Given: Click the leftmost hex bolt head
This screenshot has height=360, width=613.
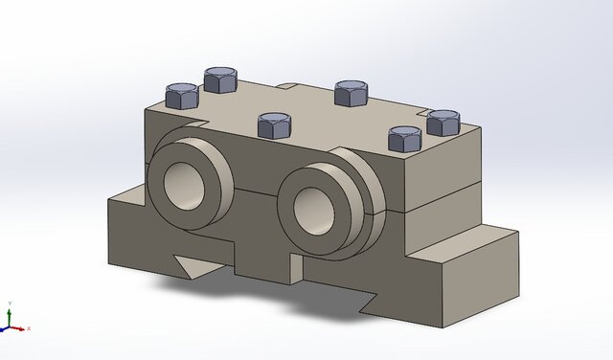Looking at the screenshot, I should pyautogui.click(x=181, y=95).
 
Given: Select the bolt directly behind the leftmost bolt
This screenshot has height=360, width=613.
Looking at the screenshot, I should pyautogui.click(x=221, y=79).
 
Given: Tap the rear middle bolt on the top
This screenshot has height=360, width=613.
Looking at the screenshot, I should pyautogui.click(x=352, y=92).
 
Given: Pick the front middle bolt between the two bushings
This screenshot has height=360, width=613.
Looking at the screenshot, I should pyautogui.click(x=275, y=124).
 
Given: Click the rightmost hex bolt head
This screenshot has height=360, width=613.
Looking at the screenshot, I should pyautogui.click(x=443, y=122).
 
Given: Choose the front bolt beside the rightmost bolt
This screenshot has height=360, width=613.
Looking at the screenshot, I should pyautogui.click(x=405, y=139).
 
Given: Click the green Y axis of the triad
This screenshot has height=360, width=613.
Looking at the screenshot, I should pyautogui.click(x=9, y=315).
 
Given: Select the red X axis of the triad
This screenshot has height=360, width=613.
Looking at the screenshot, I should pyautogui.click(x=20, y=328).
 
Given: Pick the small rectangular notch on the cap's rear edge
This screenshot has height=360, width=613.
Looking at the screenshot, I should pyautogui.click(x=287, y=87).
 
